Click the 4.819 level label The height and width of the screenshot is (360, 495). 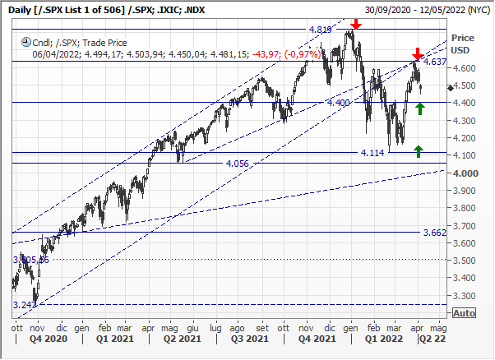tap(320, 30)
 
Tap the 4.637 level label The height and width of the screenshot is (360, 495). tap(436, 62)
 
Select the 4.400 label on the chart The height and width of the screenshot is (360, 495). tap(339, 103)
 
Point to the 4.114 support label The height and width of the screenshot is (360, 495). tap(372, 153)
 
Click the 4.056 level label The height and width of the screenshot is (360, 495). tap(236, 164)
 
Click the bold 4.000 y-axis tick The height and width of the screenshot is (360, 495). tap(465, 173)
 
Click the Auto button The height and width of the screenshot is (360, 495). tap(465, 313)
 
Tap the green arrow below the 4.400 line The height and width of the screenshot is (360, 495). tap(420, 108)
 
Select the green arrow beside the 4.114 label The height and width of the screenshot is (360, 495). tap(419, 150)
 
